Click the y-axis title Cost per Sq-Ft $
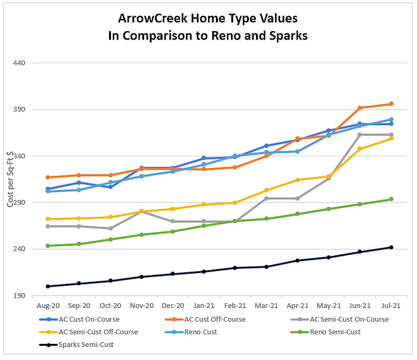click(x=10, y=179)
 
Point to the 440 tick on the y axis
click(x=19, y=63)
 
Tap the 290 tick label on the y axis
click(x=19, y=203)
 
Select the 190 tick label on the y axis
click(x=19, y=296)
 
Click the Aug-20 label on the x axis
click(x=48, y=306)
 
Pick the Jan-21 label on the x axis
click(x=204, y=306)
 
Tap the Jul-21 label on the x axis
click(x=391, y=306)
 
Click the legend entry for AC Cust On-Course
click(x=89, y=319)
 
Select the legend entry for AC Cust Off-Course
click(x=215, y=319)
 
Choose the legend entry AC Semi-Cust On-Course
click(x=349, y=319)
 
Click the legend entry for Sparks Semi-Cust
click(x=86, y=345)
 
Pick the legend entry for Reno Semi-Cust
click(x=335, y=332)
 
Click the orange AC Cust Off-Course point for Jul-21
click(x=391, y=104)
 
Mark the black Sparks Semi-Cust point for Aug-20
click(x=48, y=286)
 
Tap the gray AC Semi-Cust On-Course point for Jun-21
click(x=360, y=135)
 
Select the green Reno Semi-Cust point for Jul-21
click(x=391, y=199)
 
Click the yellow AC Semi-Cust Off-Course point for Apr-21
click(x=297, y=180)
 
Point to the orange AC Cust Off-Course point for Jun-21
click(x=360, y=108)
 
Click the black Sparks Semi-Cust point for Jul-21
click(x=391, y=247)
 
